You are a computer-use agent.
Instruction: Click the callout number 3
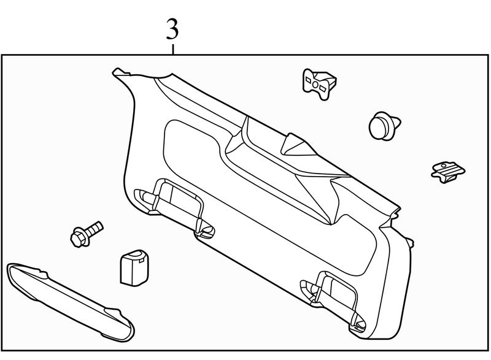click(173, 28)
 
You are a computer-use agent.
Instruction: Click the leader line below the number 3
click(174, 48)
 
